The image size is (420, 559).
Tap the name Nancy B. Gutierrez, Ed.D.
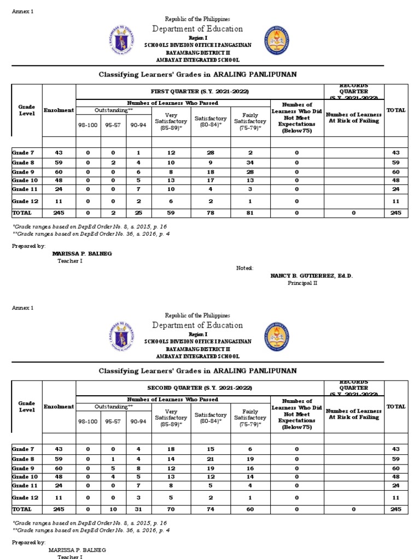point(312,276)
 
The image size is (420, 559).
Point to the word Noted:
point(244,268)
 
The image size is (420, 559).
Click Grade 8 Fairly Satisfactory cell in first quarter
point(250,163)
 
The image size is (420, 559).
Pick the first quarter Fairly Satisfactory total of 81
point(250,213)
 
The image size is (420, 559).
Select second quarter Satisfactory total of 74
point(211,509)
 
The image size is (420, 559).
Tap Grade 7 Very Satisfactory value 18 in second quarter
point(171,449)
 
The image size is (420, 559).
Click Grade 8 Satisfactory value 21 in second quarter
point(211,459)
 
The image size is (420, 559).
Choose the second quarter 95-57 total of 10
point(113,509)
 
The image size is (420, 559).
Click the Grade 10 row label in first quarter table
point(25,180)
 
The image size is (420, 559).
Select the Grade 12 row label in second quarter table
point(25,498)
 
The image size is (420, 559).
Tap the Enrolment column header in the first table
point(59,110)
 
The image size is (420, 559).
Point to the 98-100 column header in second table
point(88,421)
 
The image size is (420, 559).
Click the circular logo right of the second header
point(277,336)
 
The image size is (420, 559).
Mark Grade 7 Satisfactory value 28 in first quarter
point(211,152)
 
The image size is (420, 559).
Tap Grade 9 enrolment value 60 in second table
point(59,468)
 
